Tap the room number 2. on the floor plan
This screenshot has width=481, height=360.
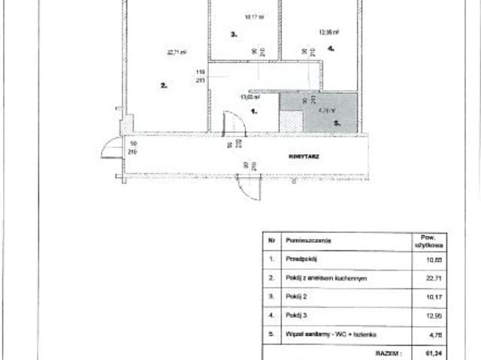163,86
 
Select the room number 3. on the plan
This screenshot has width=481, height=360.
234,34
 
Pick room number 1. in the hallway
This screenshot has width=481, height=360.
253,110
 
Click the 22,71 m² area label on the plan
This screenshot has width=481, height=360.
177,53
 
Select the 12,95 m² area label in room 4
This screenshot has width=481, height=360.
330,32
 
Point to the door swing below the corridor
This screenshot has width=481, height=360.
245,190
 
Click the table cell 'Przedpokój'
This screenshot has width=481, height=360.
301,258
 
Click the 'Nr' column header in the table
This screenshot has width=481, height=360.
271,240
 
